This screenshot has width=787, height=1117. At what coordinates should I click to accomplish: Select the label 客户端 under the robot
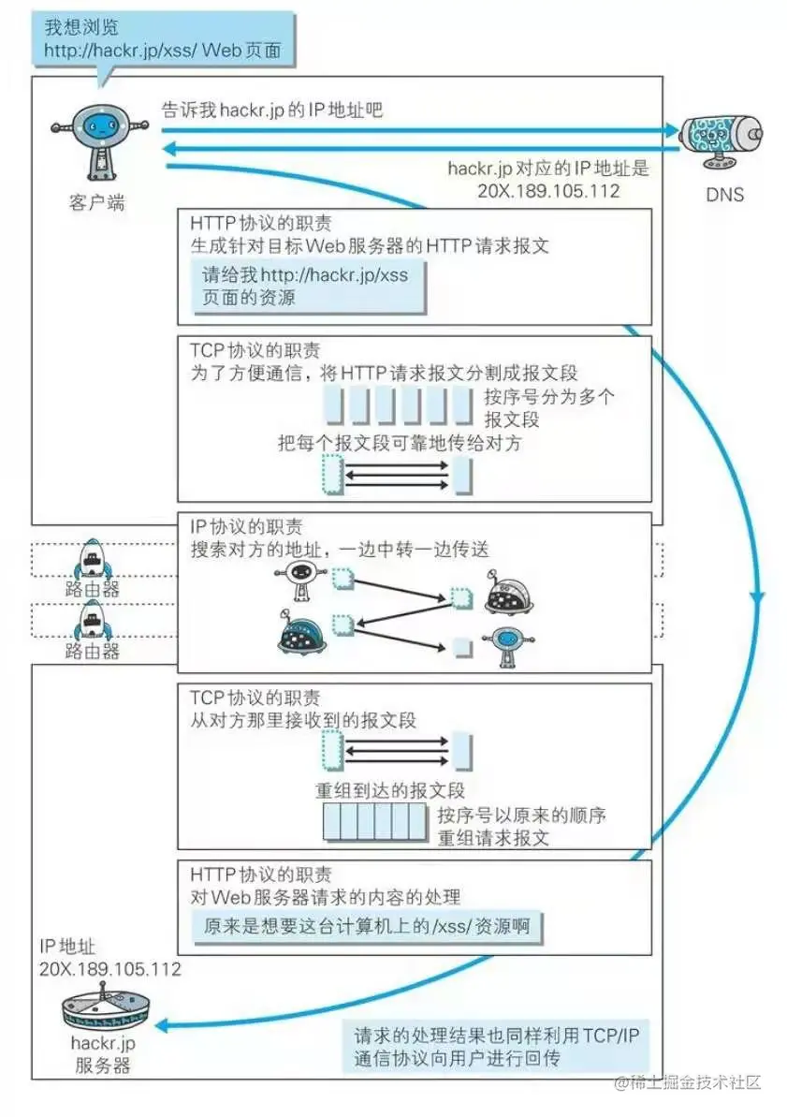(x=95, y=201)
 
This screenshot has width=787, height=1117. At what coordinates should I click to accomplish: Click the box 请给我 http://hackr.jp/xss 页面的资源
(x=309, y=287)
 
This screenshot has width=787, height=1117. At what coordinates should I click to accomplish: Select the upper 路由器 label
(x=92, y=589)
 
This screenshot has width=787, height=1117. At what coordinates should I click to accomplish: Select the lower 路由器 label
(x=92, y=650)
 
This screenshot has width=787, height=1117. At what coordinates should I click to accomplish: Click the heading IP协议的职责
(x=245, y=527)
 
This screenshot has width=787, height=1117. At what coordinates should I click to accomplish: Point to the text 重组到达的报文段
(x=390, y=789)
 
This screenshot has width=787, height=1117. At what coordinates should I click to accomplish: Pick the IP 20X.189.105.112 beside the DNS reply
(x=548, y=190)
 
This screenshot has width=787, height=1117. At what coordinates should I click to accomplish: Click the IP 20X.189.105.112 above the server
(x=110, y=969)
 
